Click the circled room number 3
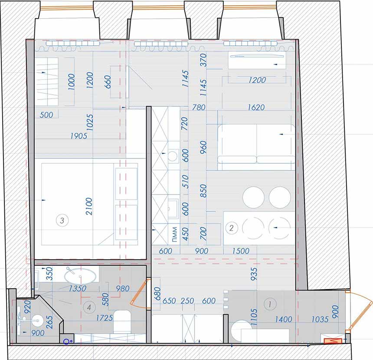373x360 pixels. tap(62, 220)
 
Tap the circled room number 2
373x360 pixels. tap(231, 228)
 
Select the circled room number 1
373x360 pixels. tap(270, 304)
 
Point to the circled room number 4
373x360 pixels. tap(89, 307)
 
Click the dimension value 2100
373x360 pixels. tap(89, 206)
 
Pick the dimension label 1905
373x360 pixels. tap(79, 136)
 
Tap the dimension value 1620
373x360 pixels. tap(256, 107)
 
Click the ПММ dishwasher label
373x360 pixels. tap(174, 234)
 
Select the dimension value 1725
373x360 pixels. tap(105, 318)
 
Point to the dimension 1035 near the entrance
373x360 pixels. tap(320, 319)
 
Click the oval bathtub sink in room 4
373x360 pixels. tap(80, 276)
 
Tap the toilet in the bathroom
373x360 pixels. tap(122, 321)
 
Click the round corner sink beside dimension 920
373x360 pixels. tap(38, 320)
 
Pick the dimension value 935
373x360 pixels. tap(254, 274)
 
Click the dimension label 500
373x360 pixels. tap(46, 115)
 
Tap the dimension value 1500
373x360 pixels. tap(241, 251)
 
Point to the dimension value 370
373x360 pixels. tap(203, 60)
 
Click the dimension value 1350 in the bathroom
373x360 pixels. tap(78, 289)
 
